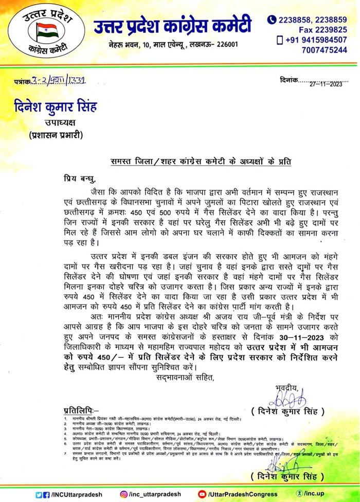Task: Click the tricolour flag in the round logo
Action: (x=47, y=32)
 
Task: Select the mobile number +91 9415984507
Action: (x=316, y=40)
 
